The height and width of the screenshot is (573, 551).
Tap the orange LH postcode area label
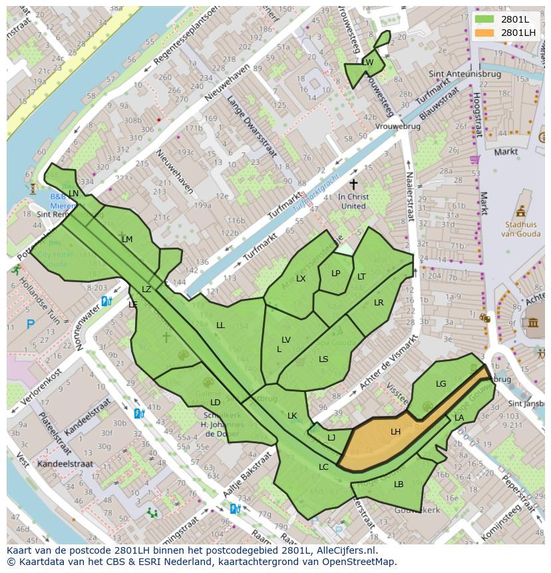tap(395, 432)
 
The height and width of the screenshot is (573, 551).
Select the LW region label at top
tap(367, 63)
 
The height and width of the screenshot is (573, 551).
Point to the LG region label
tap(441, 384)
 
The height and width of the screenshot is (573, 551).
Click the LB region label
tap(399, 484)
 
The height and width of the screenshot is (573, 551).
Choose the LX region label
tap(301, 279)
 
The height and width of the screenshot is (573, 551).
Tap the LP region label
tap(335, 274)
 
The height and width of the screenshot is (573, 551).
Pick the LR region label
tap(379, 303)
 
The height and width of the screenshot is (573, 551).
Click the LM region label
tap(127, 240)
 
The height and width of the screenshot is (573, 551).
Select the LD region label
tap(215, 403)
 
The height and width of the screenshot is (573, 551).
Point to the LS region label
tap(323, 359)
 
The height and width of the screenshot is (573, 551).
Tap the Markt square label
tap(506, 152)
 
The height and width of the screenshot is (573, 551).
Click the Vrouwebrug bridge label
tap(397, 126)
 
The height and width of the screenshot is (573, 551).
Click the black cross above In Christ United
tap(353, 183)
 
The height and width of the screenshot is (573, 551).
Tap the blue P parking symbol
tap(30, 325)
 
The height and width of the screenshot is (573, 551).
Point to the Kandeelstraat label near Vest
tap(64, 463)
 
